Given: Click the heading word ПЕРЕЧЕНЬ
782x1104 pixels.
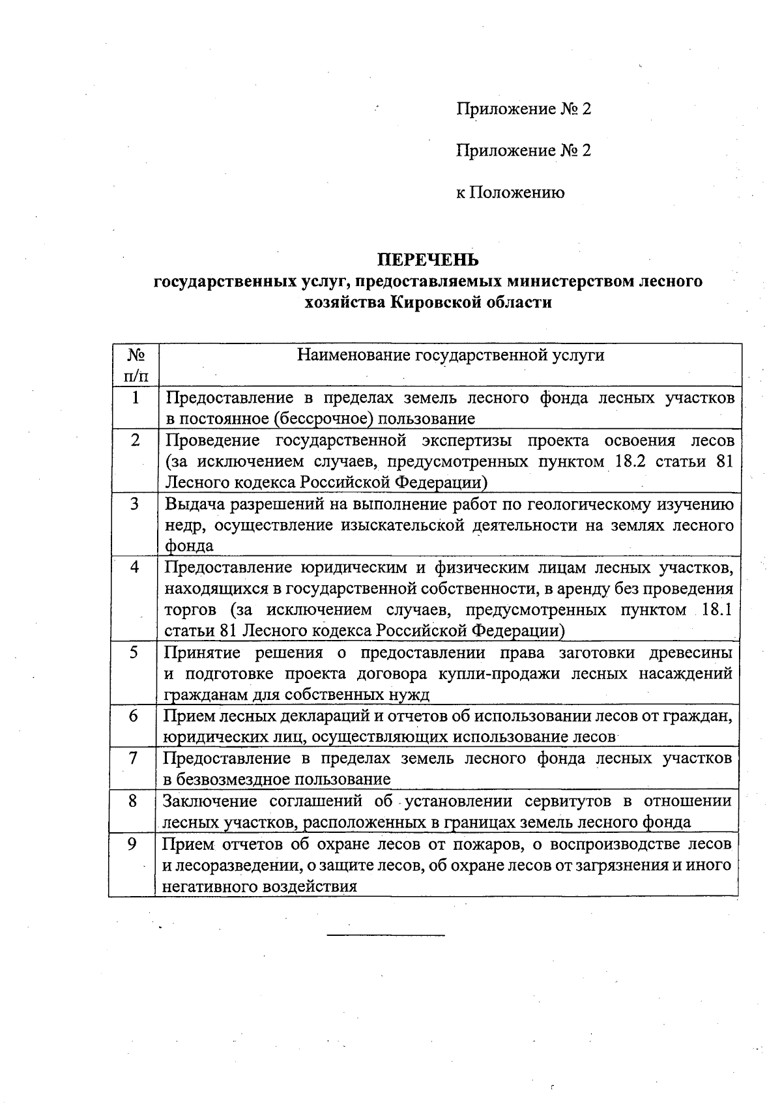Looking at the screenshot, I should point(428,259).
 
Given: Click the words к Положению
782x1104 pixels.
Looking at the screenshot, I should point(510,192).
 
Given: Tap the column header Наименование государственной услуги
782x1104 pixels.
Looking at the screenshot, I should point(450,355).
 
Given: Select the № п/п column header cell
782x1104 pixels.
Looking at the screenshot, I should point(135,365).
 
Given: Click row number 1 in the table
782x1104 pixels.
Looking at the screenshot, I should point(135,397).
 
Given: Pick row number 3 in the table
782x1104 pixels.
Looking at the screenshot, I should point(134,503).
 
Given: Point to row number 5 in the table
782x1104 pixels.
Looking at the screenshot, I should point(134,652).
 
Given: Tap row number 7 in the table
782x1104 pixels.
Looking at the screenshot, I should point(133,758).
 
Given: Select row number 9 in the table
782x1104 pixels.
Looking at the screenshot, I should point(132,844).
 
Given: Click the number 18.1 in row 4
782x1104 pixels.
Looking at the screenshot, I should point(714,610).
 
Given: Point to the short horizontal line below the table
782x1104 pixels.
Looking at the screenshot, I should point(385,936).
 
